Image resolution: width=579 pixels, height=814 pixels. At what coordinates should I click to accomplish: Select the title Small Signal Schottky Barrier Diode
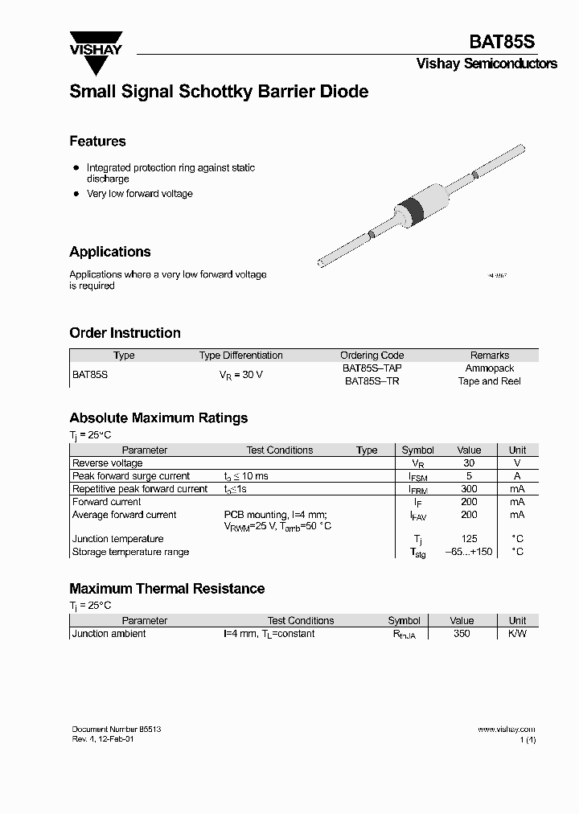pos(219,92)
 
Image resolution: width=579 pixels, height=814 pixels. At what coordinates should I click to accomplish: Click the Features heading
pos(97,142)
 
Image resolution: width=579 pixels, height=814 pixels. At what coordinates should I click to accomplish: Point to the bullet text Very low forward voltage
pos(139,194)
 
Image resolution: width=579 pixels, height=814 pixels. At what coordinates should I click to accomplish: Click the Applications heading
pos(110,252)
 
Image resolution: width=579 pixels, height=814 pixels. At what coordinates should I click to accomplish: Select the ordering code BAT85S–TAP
pos(372,368)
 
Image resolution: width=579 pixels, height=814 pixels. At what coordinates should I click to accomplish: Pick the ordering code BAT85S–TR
pos(372,381)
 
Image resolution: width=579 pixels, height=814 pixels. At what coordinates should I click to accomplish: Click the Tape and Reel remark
pos(489,381)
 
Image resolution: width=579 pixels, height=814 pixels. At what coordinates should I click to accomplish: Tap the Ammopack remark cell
pos(489,368)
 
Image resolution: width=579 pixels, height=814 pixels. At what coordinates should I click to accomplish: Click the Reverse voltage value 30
pos(469,463)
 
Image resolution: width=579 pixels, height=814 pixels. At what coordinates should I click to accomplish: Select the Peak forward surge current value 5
pos(469,476)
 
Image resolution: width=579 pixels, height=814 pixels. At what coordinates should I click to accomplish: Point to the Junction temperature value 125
pos(469,539)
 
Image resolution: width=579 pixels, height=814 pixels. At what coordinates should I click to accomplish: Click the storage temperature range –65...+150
pos(469,552)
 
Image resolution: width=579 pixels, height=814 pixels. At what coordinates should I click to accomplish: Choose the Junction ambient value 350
pos(462,634)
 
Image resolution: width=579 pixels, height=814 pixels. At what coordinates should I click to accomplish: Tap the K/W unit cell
pos(517,634)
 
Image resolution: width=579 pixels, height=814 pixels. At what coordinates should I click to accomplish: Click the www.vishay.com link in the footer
pos(506,729)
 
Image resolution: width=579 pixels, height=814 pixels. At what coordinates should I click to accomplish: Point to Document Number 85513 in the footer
pos(111,729)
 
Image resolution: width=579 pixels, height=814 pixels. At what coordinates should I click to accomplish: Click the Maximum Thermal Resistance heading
pos(166,589)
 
